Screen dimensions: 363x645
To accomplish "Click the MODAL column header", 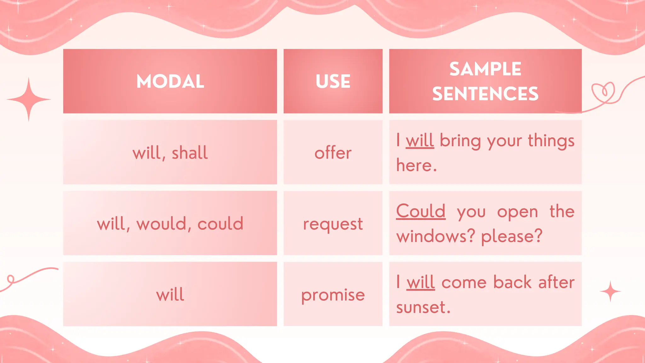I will [170, 81].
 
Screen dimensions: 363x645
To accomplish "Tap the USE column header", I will [333, 81].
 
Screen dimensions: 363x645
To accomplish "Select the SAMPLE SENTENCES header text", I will [485, 81].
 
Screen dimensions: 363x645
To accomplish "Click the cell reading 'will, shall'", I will [170, 153].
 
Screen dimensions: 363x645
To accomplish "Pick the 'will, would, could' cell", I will [170, 224].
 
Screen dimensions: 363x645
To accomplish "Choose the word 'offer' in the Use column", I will [333, 153].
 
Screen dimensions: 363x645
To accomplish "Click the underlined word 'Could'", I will [421, 211].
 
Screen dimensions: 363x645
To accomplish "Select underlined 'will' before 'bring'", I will [420, 141].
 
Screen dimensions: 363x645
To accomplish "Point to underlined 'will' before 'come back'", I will [420, 282].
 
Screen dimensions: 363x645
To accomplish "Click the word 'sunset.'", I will [423, 307].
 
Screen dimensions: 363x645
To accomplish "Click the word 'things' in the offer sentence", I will [551, 141].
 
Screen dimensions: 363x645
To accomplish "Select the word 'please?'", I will [512, 236].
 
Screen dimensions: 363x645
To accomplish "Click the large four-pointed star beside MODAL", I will [29, 99].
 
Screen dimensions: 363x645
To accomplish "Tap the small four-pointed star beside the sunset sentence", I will [610, 291].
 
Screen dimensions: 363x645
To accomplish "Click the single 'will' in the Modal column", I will [170, 295].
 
